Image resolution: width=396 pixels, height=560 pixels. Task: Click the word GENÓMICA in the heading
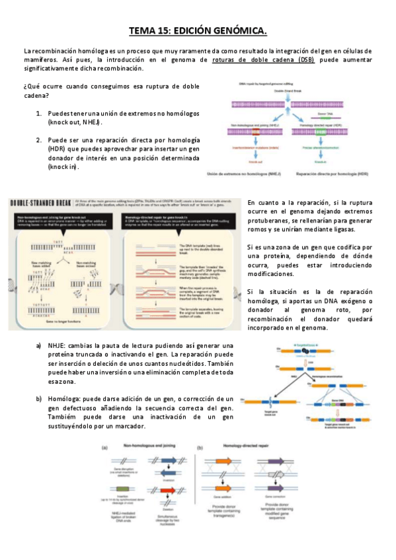[x=239, y=31]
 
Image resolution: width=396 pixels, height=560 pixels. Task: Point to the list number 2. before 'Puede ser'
[x=39, y=140]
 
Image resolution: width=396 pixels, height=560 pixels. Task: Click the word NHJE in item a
[x=58, y=346]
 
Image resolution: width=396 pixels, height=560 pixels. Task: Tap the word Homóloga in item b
[x=63, y=400]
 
